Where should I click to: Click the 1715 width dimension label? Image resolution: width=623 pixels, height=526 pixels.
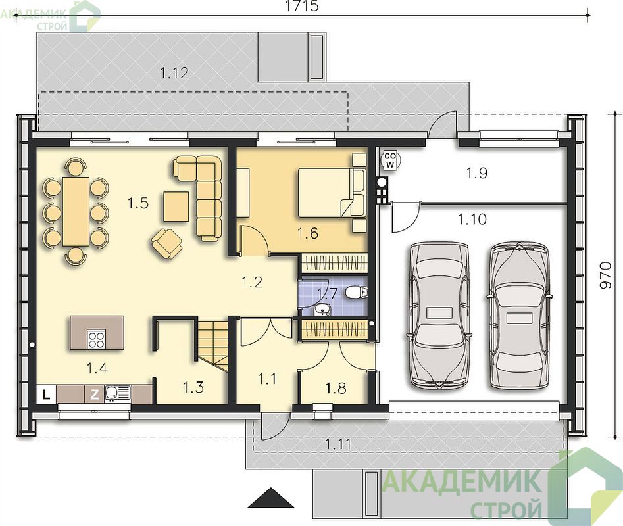pyautogui.click(x=302, y=6)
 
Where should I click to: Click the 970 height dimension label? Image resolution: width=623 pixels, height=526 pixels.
pyautogui.click(x=605, y=275)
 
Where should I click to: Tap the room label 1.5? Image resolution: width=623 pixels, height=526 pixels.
pyautogui.click(x=138, y=203)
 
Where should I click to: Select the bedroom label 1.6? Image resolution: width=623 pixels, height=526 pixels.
pyautogui.click(x=308, y=233)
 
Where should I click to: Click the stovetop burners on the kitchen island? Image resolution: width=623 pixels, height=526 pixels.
pyautogui.click(x=97, y=340)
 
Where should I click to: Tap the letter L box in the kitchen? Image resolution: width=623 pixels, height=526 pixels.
pyautogui.click(x=47, y=394)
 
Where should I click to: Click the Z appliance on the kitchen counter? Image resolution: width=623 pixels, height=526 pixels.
pyautogui.click(x=95, y=394)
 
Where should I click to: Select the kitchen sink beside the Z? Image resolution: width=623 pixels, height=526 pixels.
pyautogui.click(x=117, y=393)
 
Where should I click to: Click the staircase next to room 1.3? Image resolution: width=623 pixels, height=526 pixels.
pyautogui.click(x=213, y=346)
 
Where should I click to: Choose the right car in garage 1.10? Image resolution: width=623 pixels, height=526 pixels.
pyautogui.click(x=519, y=315)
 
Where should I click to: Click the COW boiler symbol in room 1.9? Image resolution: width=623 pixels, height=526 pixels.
pyautogui.click(x=391, y=160)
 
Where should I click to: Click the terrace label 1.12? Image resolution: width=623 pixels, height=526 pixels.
pyautogui.click(x=174, y=73)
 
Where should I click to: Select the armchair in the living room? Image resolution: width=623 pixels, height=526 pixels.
pyautogui.click(x=167, y=243)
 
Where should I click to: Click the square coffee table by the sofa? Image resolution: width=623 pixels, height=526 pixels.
pyautogui.click(x=176, y=206)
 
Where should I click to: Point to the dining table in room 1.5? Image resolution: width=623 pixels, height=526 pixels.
pyautogui.click(x=76, y=211)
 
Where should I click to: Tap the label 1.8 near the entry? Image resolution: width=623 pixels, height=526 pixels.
pyautogui.click(x=336, y=388)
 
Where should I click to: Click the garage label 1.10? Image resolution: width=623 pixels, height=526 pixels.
pyautogui.click(x=472, y=219)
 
